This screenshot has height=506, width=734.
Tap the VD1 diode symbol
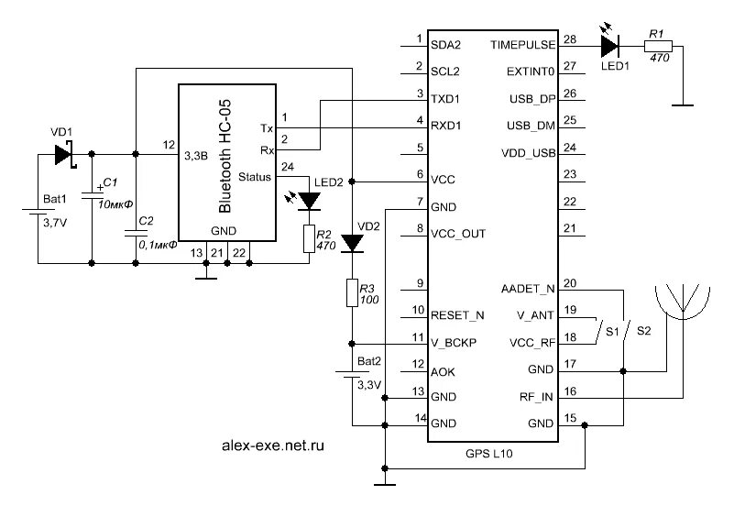[x=63, y=154]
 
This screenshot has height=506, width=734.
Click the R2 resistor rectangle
[x=310, y=239]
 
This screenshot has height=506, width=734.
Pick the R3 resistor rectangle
[x=352, y=293]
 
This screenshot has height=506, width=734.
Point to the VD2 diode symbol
[x=352, y=243]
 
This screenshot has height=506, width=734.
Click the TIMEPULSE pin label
[x=521, y=44]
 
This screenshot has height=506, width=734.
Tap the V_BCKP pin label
[x=453, y=342]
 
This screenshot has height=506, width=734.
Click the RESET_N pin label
[x=457, y=314]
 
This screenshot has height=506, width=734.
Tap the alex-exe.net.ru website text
[x=274, y=445]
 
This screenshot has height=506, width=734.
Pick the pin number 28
[x=570, y=38]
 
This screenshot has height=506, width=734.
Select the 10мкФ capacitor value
[x=115, y=203]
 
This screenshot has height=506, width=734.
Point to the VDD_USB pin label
[x=531, y=152]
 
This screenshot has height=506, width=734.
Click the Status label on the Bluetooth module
[x=254, y=177]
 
